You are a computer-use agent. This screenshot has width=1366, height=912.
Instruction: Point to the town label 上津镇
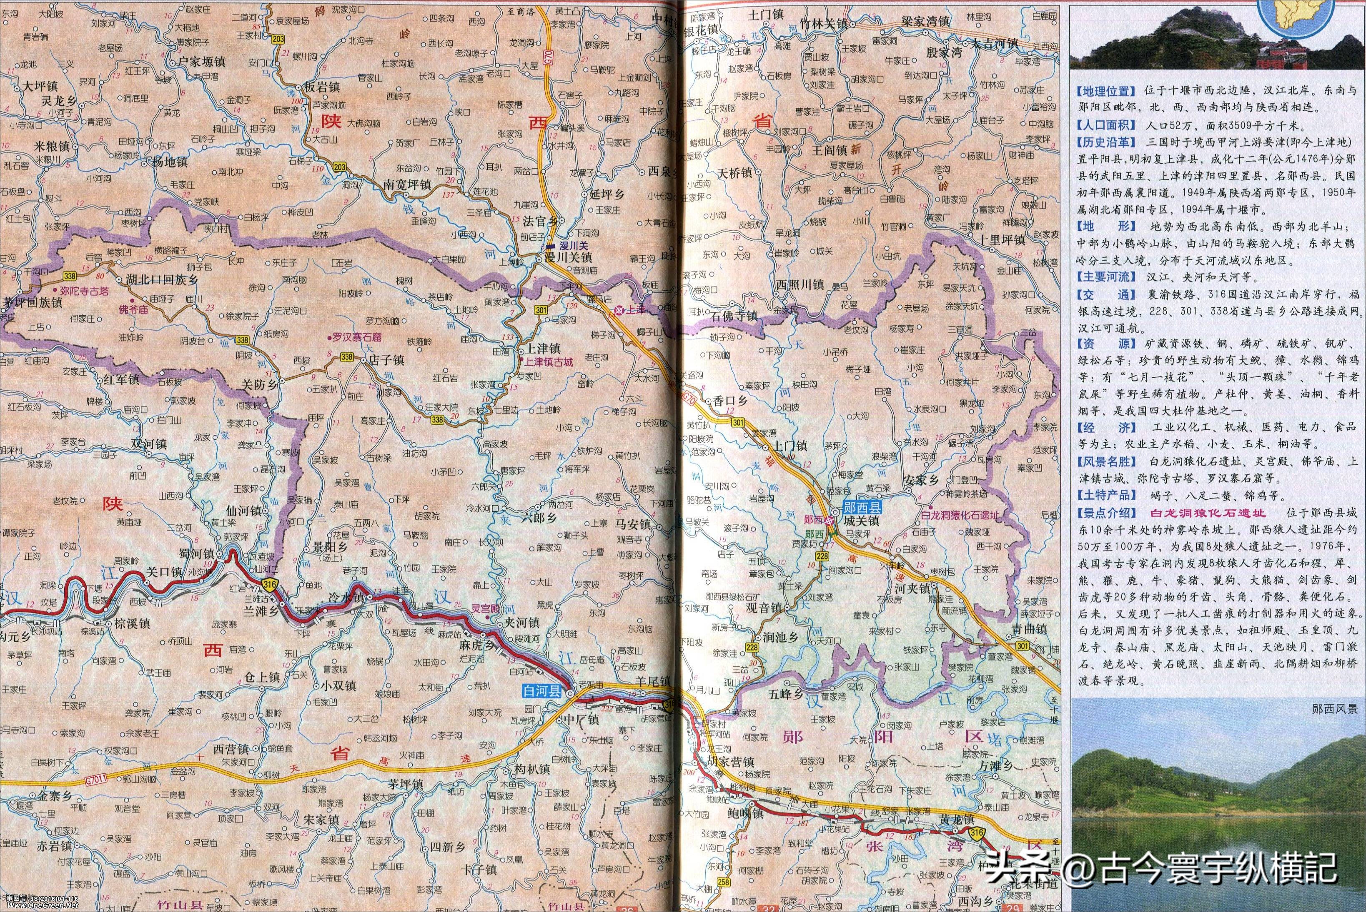tap(543, 349)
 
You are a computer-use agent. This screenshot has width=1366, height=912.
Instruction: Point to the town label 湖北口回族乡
tap(161, 280)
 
